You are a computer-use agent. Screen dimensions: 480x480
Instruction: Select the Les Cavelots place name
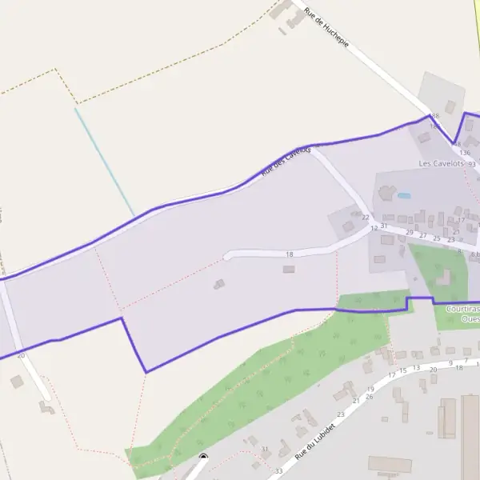[x=442, y=163]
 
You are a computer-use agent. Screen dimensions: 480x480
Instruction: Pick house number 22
[x=366, y=217]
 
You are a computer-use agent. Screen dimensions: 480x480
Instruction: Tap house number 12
[x=374, y=228]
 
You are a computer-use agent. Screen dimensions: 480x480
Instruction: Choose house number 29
[x=410, y=233]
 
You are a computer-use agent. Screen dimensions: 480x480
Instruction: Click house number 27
[x=423, y=235]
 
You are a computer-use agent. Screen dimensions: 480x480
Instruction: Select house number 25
[x=437, y=238]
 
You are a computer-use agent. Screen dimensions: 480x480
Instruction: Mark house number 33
[x=278, y=470]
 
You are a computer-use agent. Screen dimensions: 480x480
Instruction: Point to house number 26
[x=369, y=396]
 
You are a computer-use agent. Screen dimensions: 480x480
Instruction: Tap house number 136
[x=464, y=152]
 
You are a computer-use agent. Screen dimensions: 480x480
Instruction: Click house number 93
[x=471, y=162]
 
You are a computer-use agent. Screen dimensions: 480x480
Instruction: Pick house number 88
[x=435, y=116]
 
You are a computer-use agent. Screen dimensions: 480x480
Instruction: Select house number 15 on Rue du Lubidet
[x=403, y=370]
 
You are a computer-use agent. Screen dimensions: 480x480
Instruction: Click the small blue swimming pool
[x=404, y=195]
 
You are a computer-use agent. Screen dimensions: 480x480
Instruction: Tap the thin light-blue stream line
[x=104, y=160]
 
